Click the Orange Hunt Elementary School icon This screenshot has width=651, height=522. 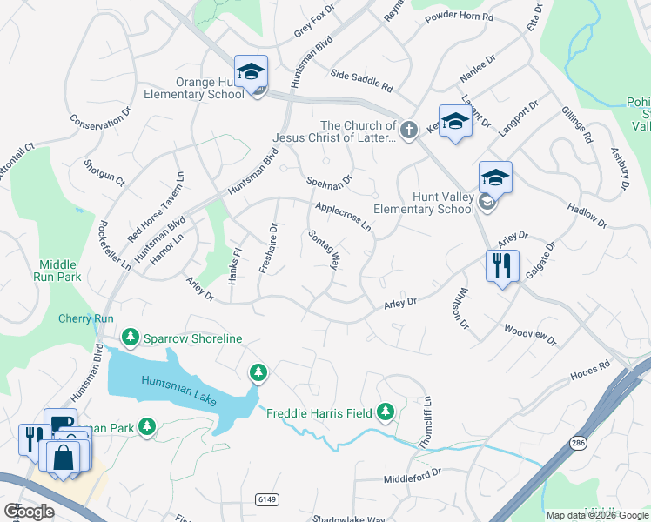pyautogui.click(x=251, y=73)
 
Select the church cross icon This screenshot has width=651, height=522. pyautogui.click(x=410, y=130)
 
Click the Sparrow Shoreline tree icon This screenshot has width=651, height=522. pyautogui.click(x=131, y=337)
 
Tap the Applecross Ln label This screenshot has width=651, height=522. pyautogui.click(x=344, y=217)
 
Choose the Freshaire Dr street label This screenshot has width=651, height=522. pyautogui.click(x=267, y=249)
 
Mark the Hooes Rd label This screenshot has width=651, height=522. pyautogui.click(x=592, y=368)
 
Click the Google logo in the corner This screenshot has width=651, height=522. pyautogui.click(x=29, y=512)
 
